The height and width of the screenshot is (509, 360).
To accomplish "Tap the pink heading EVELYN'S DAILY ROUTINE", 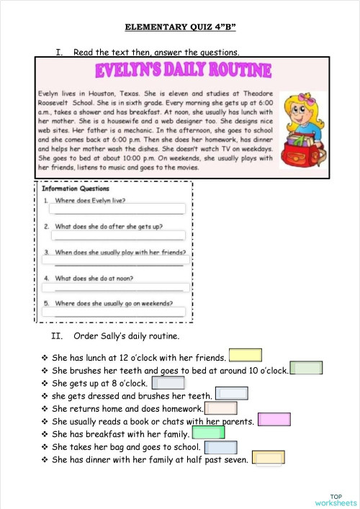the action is coord(184,71).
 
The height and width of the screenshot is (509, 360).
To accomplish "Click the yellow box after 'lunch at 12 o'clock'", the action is coord(245,355).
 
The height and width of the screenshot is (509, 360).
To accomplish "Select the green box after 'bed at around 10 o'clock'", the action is coord(306,369).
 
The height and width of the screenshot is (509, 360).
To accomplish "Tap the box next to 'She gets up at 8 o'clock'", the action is coord(168,382).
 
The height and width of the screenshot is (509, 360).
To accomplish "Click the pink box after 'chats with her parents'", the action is coord(274,419).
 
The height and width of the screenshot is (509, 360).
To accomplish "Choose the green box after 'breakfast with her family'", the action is coord(209,432).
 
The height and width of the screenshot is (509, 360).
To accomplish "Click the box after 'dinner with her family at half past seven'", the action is coord(267,459).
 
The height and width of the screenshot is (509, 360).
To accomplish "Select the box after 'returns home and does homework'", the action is coord(222,407).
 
